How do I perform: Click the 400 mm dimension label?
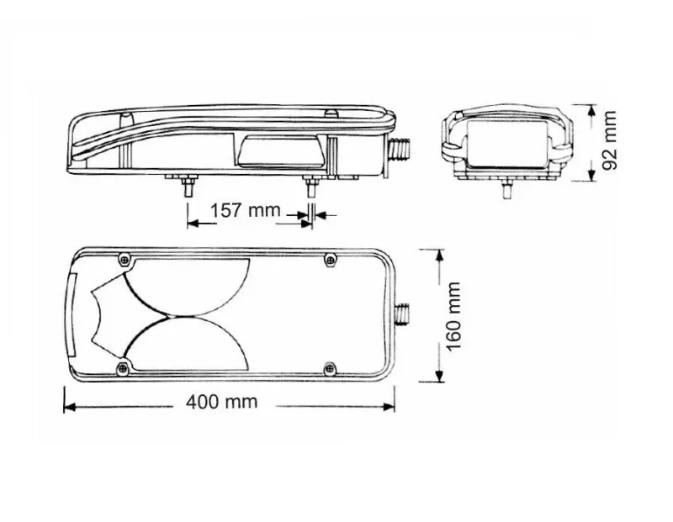(221, 402)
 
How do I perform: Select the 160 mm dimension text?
(453, 316)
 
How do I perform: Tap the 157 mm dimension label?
(245, 211)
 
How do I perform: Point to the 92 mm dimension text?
(609, 140)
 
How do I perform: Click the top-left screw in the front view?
(125, 259)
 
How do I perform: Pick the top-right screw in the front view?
(330, 259)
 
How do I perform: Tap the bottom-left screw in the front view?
(124, 368)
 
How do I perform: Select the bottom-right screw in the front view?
(329, 368)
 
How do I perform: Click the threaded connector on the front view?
(402, 315)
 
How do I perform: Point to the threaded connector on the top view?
(399, 150)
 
